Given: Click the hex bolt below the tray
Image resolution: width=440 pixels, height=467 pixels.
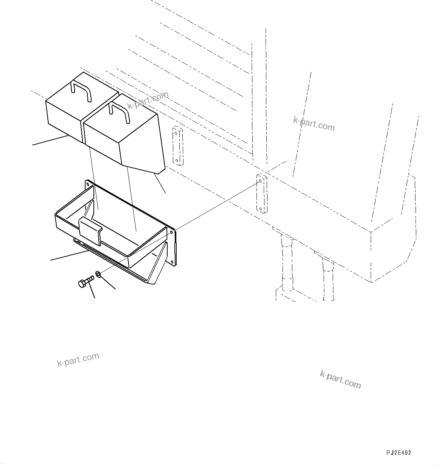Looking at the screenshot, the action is point(86,282).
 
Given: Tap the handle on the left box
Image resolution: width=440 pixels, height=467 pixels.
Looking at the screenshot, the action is point(81,91).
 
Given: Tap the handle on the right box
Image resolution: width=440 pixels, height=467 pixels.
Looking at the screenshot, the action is point(119,112).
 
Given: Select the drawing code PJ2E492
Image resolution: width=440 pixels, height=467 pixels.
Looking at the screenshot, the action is point(398,453).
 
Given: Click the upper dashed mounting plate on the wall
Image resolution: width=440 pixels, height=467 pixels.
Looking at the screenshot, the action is point(177,146).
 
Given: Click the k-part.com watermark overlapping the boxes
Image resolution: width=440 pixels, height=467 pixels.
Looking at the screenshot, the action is point(147,100).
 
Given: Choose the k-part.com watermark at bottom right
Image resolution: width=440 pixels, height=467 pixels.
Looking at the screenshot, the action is point(340,379).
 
